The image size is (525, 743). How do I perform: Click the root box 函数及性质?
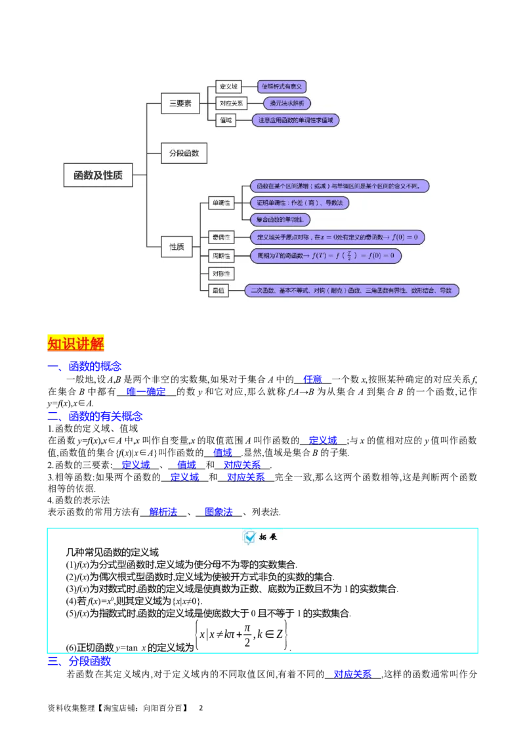pos(98,175)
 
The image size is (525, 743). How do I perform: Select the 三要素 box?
pos(180,103)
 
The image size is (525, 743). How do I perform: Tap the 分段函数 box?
pos(184,153)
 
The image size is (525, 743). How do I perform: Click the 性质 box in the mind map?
pos(177,247)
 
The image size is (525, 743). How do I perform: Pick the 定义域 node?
pos(229,87)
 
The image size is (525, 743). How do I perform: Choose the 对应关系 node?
pos(231,103)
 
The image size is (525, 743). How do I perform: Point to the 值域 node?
pos(225,120)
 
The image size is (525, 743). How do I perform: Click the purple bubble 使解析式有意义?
pos(282,87)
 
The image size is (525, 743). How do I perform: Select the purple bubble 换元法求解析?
pos(287,103)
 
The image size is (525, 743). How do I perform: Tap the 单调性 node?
pos(220,203)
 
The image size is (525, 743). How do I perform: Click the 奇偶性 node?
pos(220,237)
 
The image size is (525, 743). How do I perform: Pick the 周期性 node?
pos(220,255)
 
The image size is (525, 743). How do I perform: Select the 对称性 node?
pos(220,273)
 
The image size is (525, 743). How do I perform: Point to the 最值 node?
pos(219,290)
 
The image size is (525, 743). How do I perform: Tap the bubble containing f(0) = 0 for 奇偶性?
pos(337,237)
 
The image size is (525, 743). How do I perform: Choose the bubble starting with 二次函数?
pos(352,290)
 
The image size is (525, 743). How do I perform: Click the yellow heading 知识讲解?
pos(75,343)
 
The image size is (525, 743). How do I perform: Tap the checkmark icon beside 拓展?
pos(250,537)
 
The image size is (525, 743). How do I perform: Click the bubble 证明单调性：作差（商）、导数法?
pos(299,203)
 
